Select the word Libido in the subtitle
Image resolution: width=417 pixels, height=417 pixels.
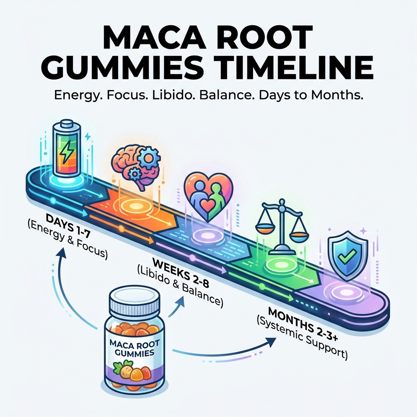click(x=173, y=95)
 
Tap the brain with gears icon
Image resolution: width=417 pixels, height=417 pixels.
click(x=136, y=167)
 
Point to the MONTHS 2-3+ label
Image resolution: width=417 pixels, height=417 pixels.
click(x=303, y=324)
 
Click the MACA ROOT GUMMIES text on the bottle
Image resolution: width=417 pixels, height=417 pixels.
click(x=134, y=349)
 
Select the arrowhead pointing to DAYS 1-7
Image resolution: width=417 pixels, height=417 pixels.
click(x=62, y=252)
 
